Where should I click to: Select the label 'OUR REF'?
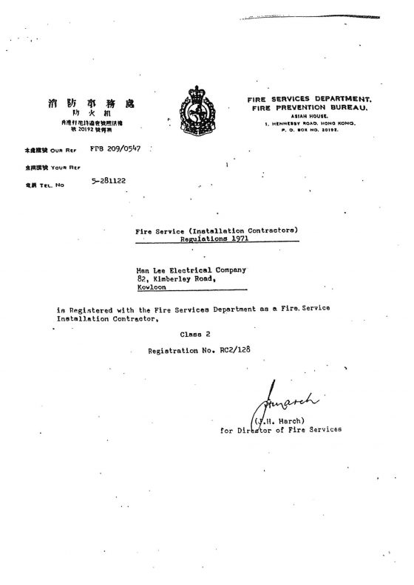click(x=55, y=151)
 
